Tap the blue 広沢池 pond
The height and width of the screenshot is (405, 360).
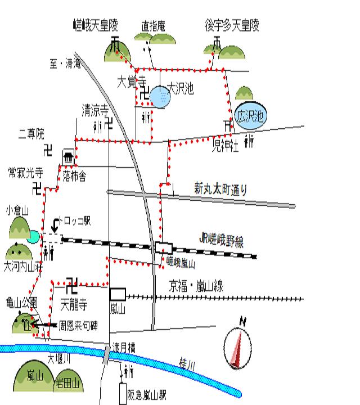point(251,117)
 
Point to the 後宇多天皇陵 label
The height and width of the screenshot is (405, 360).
point(232,25)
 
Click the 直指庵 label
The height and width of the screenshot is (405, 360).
point(153,25)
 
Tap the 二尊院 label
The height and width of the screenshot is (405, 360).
point(30,135)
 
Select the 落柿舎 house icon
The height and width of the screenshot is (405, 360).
point(69,157)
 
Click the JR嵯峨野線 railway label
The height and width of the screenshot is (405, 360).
point(222,242)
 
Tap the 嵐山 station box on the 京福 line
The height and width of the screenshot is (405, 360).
point(118,294)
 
